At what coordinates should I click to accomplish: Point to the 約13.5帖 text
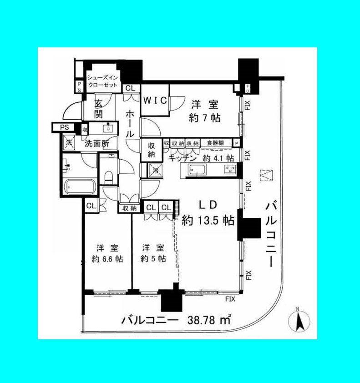tap(208, 221)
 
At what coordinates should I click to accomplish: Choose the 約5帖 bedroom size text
tap(153, 259)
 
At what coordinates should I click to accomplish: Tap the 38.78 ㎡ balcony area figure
tap(209, 320)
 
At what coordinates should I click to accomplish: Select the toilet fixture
tap(108, 177)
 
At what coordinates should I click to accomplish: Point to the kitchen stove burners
tap(229, 170)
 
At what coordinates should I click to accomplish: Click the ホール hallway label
tap(130, 124)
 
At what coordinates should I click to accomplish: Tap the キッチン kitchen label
tap(182, 158)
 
